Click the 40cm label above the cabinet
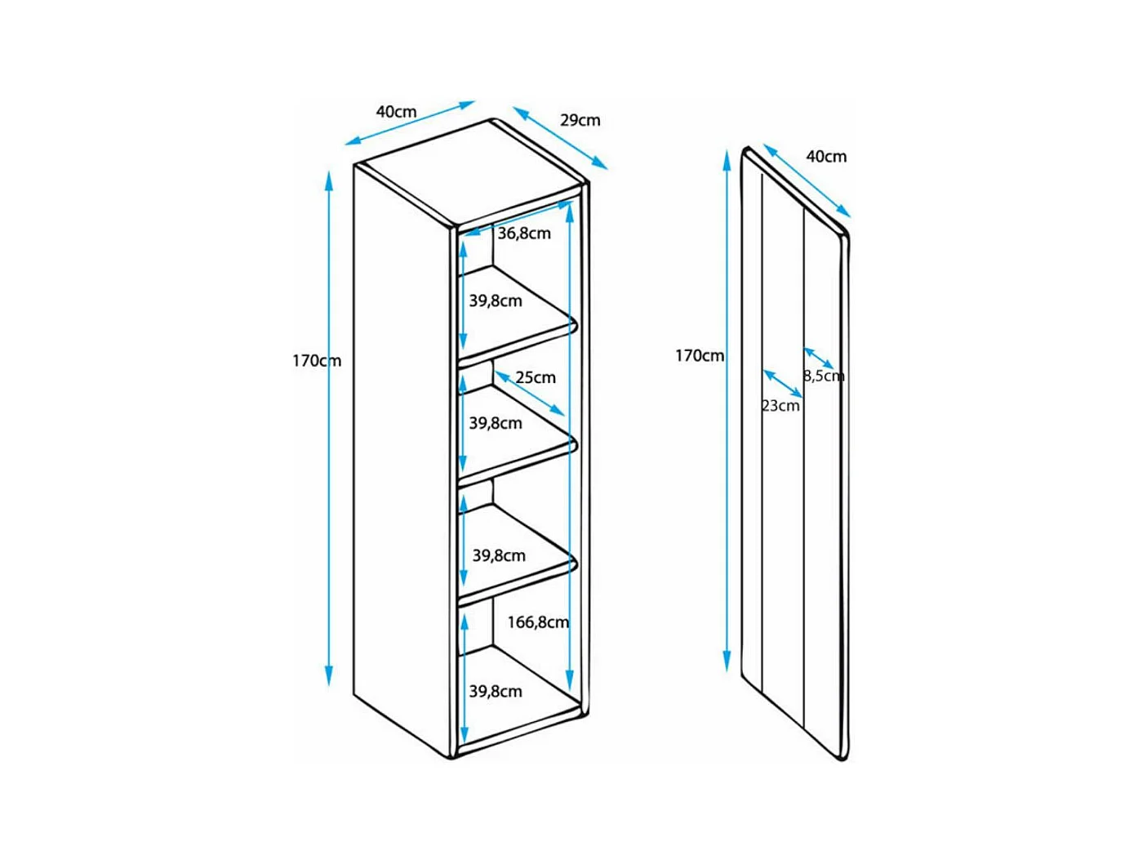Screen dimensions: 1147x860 click(396, 111)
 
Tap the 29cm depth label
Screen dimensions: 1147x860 click(580, 120)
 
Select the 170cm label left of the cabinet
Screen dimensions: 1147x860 click(317, 360)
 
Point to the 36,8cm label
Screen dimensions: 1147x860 click(524, 234)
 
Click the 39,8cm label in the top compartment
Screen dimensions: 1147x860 click(496, 301)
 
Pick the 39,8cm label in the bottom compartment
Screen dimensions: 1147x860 click(496, 691)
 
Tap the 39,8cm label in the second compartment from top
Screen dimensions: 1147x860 click(496, 423)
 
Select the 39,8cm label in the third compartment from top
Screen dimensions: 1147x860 click(499, 555)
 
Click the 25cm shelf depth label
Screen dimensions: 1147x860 click(536, 377)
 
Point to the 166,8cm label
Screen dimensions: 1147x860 click(538, 622)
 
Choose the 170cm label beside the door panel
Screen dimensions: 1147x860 click(700, 355)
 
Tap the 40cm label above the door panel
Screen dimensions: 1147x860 click(826, 156)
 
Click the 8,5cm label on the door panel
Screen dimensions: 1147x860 click(824, 376)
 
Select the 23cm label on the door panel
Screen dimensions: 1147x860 click(781, 405)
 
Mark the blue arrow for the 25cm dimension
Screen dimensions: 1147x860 click(530, 393)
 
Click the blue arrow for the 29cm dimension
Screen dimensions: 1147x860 click(560, 137)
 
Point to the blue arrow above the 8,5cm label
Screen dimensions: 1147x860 click(819, 358)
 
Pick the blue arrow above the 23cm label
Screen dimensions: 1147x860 click(782, 384)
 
